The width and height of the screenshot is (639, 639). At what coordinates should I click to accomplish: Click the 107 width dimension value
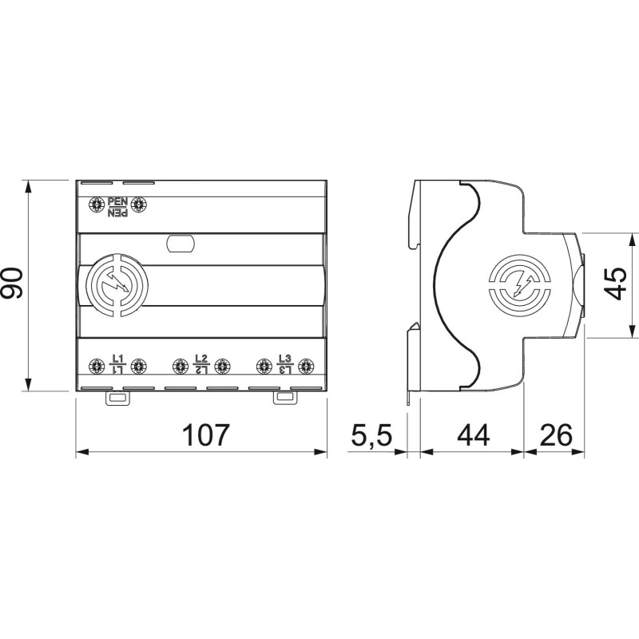tap(205, 435)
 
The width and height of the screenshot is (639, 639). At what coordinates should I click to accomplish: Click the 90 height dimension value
tap(12, 283)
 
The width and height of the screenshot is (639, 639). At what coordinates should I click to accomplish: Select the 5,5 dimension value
tap(371, 435)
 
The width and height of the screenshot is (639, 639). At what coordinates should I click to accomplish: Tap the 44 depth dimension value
tap(473, 435)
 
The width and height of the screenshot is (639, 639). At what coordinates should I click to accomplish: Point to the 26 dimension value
tap(556, 435)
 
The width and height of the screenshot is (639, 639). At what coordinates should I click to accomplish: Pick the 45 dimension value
tap(615, 284)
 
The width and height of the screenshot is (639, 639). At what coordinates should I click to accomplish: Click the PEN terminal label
tap(117, 207)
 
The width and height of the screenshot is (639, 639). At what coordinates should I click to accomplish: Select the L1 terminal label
tap(117, 364)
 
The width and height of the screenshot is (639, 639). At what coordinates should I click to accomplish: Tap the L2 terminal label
tap(201, 364)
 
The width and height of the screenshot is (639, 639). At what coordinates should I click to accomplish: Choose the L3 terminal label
tap(285, 364)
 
